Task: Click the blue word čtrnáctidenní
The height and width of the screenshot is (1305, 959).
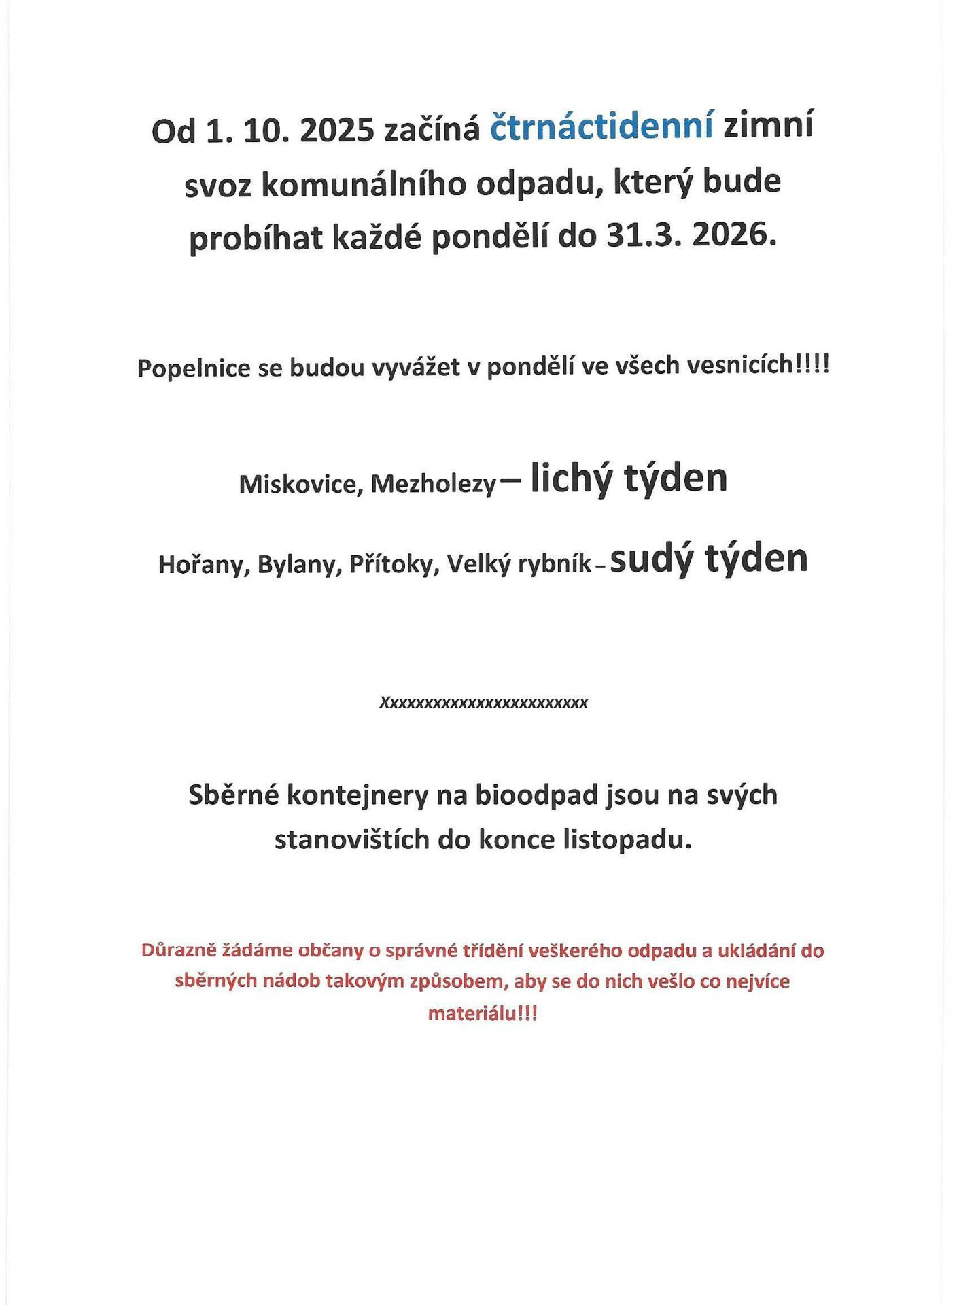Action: click(601, 128)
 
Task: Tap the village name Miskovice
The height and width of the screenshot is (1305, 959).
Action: click(298, 485)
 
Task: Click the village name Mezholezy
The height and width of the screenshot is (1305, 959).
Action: click(433, 485)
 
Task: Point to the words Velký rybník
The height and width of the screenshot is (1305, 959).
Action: click(519, 565)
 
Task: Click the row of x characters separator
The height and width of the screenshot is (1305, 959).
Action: click(483, 703)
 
